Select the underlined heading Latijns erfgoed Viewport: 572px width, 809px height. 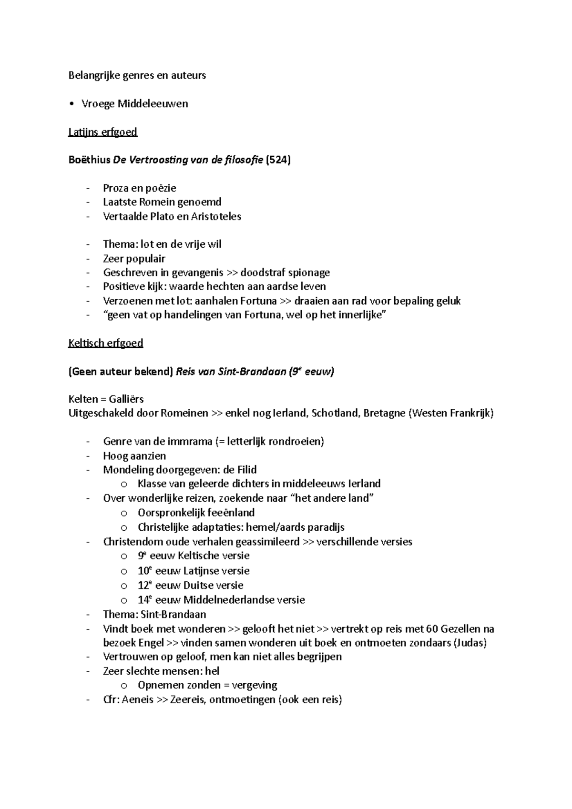pyautogui.click(x=102, y=132)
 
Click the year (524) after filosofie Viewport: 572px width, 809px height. pyautogui.click(x=278, y=160)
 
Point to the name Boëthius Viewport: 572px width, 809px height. pyautogui.click(x=89, y=160)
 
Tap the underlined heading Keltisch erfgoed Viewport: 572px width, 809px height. pyautogui.click(x=105, y=343)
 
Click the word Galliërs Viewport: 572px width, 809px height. pyautogui.click(x=126, y=399)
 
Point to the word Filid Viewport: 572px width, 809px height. pyautogui.click(x=247, y=470)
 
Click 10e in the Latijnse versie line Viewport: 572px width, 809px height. pyautogui.click(x=144, y=571)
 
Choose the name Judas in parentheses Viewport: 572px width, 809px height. pyautogui.click(x=470, y=643)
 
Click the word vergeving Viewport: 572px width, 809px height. pyautogui.click(x=255, y=685)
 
